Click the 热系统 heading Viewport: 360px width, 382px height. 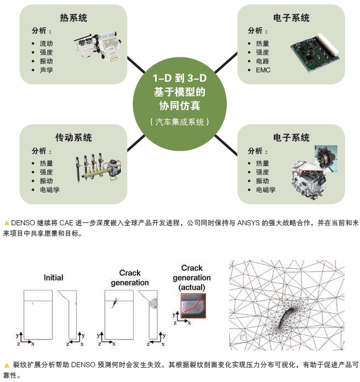pos(73,18)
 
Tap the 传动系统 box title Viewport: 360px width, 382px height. pos(73,137)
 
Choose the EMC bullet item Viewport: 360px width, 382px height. pos(263,70)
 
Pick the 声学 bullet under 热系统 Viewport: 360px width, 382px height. pos(46,70)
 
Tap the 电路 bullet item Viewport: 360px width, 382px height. pos(262,61)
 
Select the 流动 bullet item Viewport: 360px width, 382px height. pos(46,43)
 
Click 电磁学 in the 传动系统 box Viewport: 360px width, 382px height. pos(50,190)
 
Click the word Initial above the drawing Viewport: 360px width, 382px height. pos(54,277)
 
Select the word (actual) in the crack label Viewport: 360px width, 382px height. pos(192,287)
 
